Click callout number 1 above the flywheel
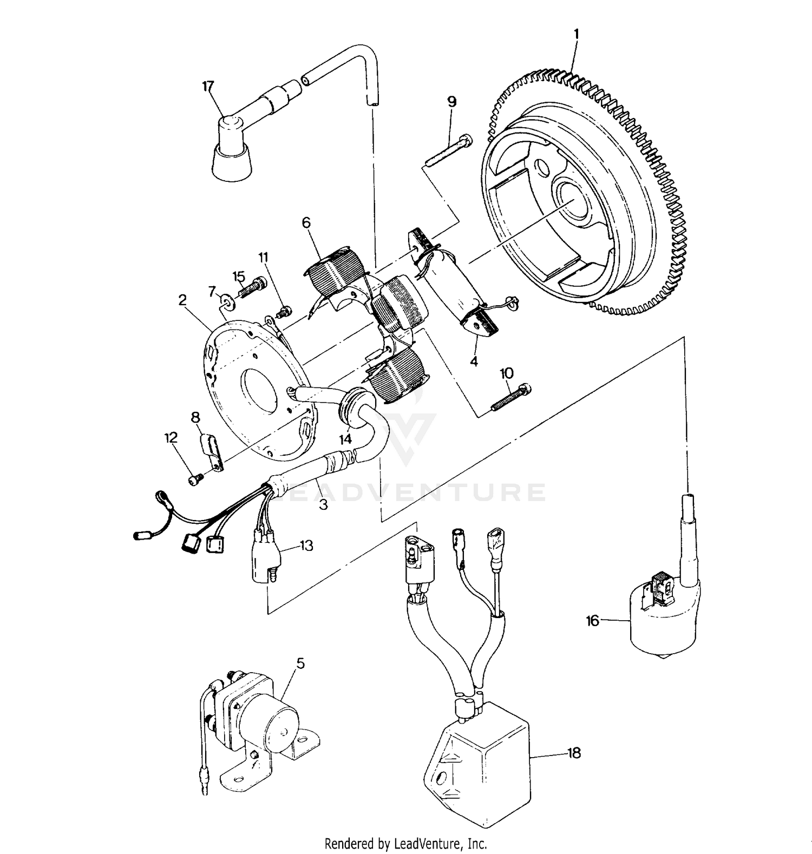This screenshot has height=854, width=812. pyautogui.click(x=576, y=34)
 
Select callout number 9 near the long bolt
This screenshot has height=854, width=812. pyautogui.click(x=451, y=101)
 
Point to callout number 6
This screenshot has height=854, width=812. pyautogui.click(x=306, y=222)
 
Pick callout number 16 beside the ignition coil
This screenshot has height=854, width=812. pyautogui.click(x=593, y=621)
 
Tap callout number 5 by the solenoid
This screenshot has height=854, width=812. pyautogui.click(x=300, y=663)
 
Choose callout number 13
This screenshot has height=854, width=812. pyautogui.click(x=306, y=546)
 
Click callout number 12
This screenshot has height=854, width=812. pyautogui.click(x=172, y=438)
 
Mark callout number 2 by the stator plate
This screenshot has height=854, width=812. pyautogui.click(x=182, y=300)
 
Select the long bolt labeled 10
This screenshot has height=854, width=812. pyautogui.click(x=510, y=397)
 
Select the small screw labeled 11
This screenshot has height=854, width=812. pyautogui.click(x=284, y=311)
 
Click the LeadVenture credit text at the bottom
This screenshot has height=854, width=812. pyautogui.click(x=405, y=843)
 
